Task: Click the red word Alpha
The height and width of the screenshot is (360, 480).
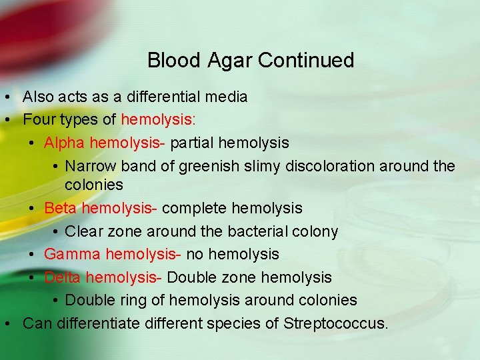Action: tap(64, 143)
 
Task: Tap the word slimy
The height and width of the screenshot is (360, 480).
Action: tap(262, 166)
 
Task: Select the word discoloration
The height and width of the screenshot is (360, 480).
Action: tap(329, 166)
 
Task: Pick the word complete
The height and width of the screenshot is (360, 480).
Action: tap(194, 208)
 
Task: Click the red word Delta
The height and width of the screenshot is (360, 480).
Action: tap(61, 277)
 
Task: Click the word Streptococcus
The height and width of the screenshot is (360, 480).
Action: tap(335, 324)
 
